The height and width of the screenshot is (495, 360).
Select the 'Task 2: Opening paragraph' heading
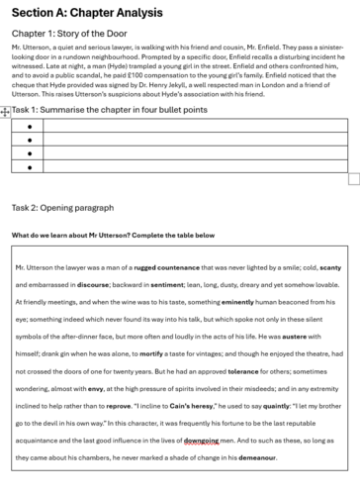coord(71,208)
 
